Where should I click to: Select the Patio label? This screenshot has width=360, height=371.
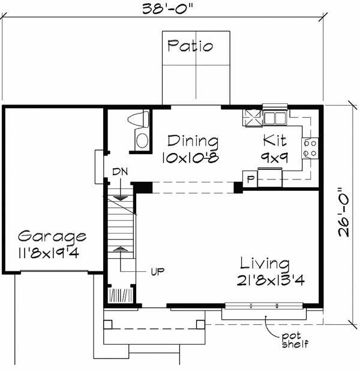190,46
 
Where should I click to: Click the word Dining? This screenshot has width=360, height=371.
192,142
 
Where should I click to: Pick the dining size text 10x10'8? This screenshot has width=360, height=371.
188,159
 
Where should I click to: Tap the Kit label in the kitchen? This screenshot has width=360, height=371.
274,142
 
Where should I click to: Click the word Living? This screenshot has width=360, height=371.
265,264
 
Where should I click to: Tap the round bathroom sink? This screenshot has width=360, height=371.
142,141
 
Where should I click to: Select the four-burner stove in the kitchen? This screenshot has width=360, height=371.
310,148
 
